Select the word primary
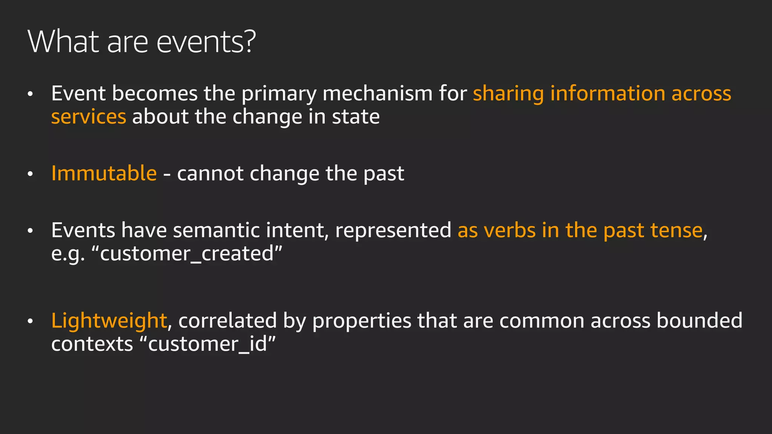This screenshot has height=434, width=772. point(279,94)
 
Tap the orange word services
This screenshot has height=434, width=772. point(89,117)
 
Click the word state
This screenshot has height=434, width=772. point(355,117)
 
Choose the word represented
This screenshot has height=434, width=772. point(393,231)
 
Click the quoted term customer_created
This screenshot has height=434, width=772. point(187,254)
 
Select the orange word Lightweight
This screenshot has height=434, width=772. point(109,321)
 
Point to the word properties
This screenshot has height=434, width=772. point(361,321)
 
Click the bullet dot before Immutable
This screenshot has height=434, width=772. point(31,174)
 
